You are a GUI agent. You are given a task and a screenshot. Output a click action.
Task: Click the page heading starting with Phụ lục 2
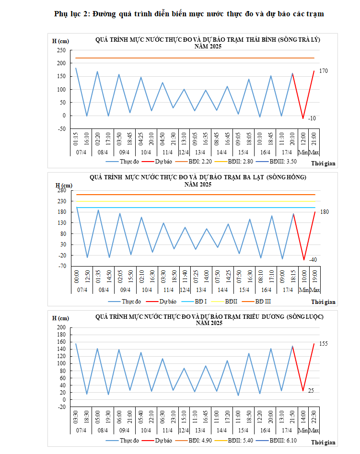click(190, 14)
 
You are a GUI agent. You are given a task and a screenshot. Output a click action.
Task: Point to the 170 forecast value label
click(324, 71)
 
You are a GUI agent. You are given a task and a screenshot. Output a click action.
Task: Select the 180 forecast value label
click(324, 212)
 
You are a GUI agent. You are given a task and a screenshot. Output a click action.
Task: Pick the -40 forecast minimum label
click(313, 259)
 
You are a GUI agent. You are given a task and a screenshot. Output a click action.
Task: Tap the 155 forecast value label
click(324, 344)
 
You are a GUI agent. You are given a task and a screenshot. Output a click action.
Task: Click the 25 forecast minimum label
click(311, 391)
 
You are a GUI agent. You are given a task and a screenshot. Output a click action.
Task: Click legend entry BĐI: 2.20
click(199, 162)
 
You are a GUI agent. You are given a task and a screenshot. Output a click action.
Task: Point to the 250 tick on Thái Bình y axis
click(61, 50)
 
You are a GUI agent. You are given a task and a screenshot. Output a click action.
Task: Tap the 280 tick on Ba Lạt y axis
click(61, 190)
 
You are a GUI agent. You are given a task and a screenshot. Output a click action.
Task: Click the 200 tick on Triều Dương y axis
click(61, 327)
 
